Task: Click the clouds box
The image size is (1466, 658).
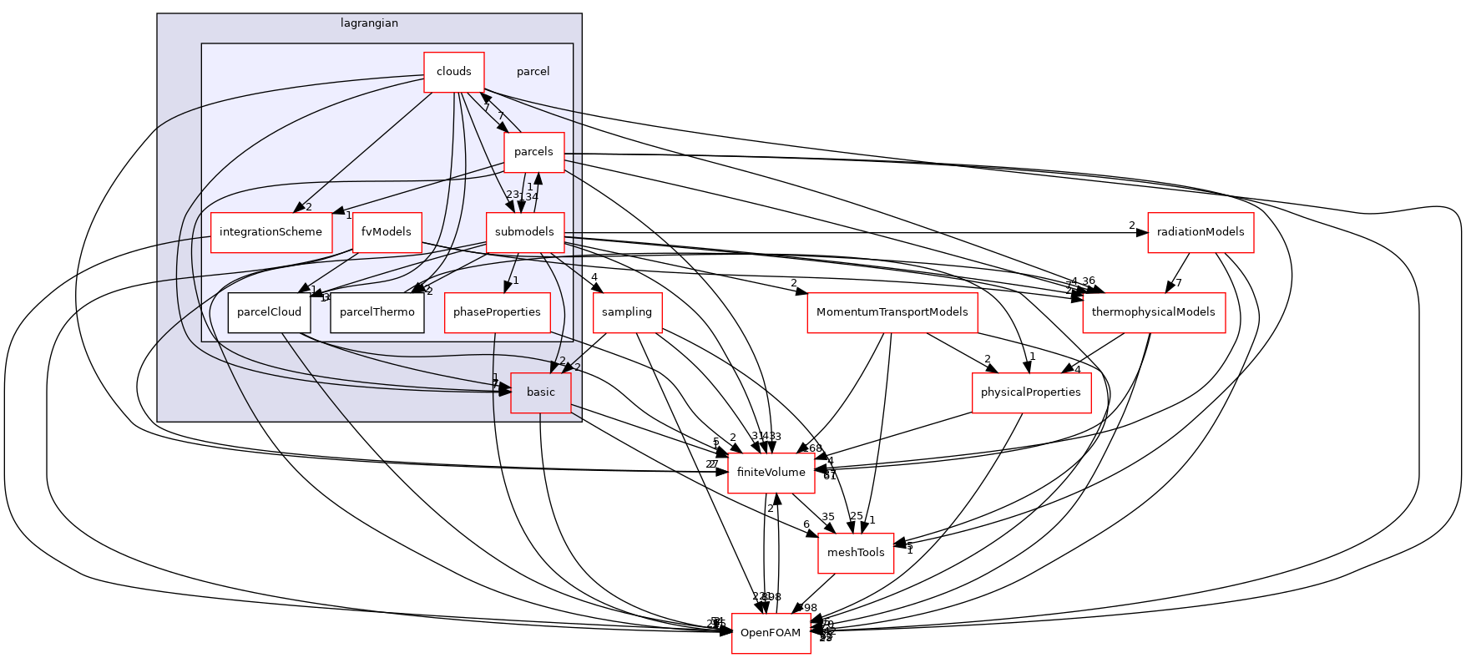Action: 453,72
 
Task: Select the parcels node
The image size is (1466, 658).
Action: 533,152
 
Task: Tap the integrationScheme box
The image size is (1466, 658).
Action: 270,232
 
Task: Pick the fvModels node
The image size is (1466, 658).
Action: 387,232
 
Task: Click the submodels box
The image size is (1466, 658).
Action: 524,232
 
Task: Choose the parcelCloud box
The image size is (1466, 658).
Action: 269,312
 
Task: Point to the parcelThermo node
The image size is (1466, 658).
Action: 377,312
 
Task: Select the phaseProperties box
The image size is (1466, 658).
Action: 497,312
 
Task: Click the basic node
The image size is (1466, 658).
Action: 540,392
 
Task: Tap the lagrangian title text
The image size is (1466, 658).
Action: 369,23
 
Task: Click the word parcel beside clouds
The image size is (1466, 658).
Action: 533,72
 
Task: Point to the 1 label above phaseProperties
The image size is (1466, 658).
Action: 516,281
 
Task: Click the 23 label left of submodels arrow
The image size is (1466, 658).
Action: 512,195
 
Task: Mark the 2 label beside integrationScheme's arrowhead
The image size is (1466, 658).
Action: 308,207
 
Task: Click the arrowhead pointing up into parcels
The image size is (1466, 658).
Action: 538,178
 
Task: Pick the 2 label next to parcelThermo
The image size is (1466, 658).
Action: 429,291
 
